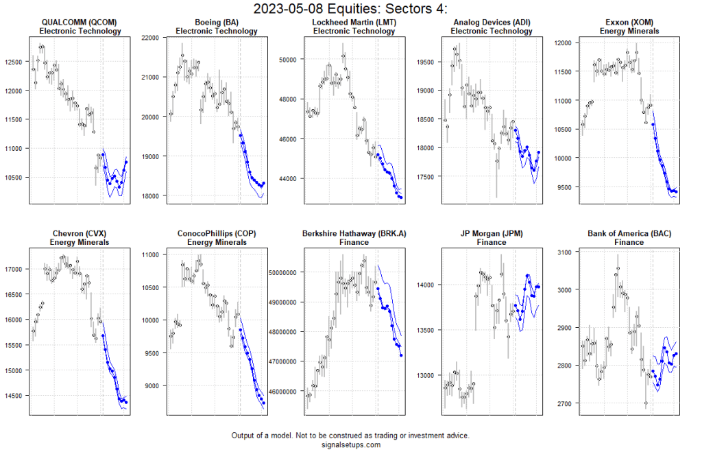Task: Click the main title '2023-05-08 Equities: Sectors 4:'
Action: (x=350, y=9)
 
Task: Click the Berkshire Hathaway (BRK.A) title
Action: (x=354, y=233)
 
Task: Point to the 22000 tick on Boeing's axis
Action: (x=151, y=37)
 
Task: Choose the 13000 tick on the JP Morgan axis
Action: (x=425, y=376)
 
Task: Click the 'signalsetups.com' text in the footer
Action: (x=350, y=444)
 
